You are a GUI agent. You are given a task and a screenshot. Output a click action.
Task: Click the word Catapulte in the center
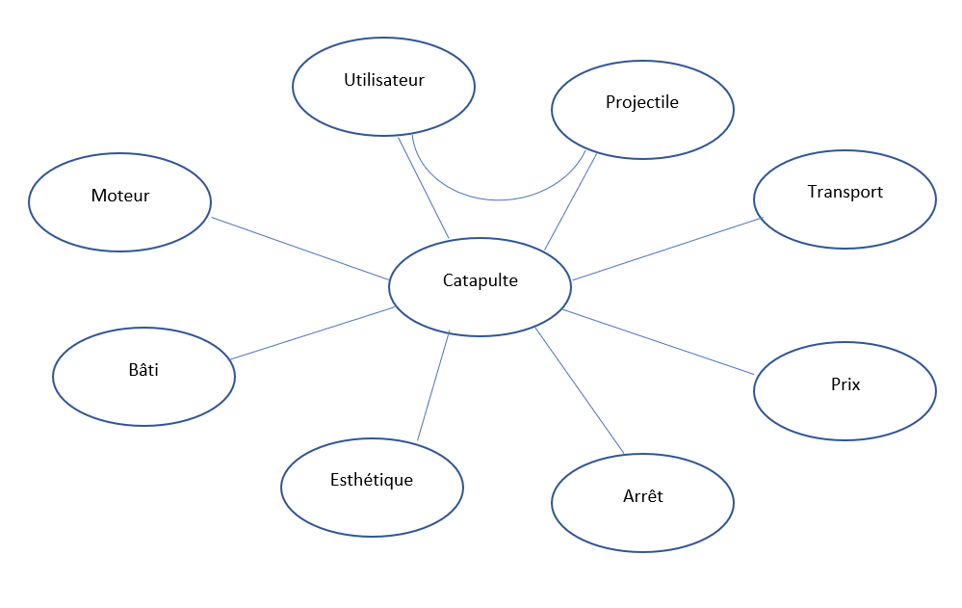point(480,280)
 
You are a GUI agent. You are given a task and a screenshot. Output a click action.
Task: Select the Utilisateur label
point(383,80)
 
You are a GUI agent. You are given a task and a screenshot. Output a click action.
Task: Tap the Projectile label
point(641,102)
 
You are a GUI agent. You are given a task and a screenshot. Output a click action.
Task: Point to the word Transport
point(845,192)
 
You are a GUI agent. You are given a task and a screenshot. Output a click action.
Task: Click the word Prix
point(845,384)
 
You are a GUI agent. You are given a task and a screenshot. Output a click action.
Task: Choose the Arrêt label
point(642,497)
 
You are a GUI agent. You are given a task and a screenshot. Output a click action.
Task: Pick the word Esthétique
point(371,479)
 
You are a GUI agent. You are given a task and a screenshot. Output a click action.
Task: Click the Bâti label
point(143,369)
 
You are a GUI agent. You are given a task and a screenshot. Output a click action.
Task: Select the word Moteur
point(120,196)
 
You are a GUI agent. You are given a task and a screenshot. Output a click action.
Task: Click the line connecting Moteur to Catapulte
point(299,249)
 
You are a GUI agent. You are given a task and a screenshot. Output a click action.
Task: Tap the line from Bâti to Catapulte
point(313,333)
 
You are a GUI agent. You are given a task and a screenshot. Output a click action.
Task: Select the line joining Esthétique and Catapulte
point(433,385)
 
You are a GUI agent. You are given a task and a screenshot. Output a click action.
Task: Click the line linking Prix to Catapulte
point(657,342)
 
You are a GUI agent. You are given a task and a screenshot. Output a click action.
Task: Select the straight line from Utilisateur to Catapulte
point(424,187)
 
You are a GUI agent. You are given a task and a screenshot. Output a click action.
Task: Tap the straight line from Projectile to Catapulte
point(570,202)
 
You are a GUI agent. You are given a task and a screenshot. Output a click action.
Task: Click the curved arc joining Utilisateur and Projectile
point(499,199)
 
